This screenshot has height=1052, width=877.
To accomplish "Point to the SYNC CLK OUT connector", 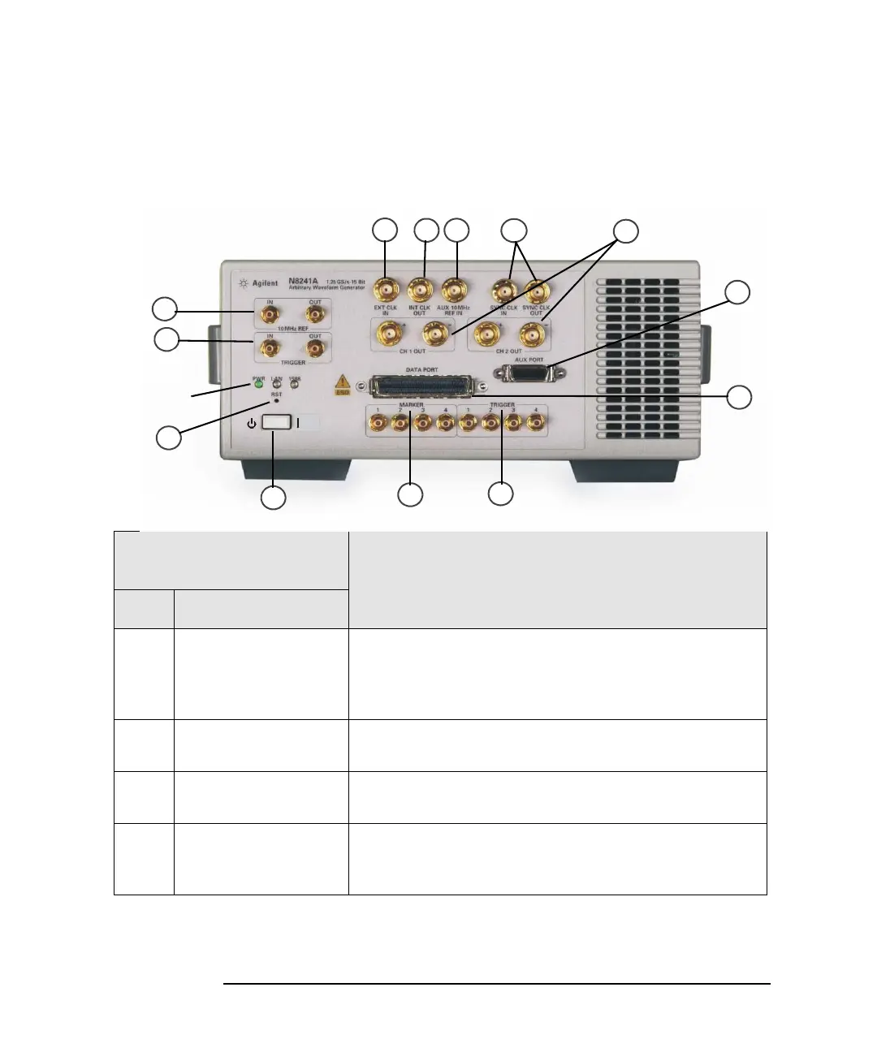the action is tap(535, 290).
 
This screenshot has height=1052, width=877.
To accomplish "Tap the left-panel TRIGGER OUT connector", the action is tap(314, 348).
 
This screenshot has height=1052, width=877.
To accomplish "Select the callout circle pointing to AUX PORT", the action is tap(737, 293).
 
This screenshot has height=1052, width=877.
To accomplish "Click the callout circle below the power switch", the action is tap(273, 498).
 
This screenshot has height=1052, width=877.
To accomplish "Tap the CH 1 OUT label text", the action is tap(413, 351).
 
